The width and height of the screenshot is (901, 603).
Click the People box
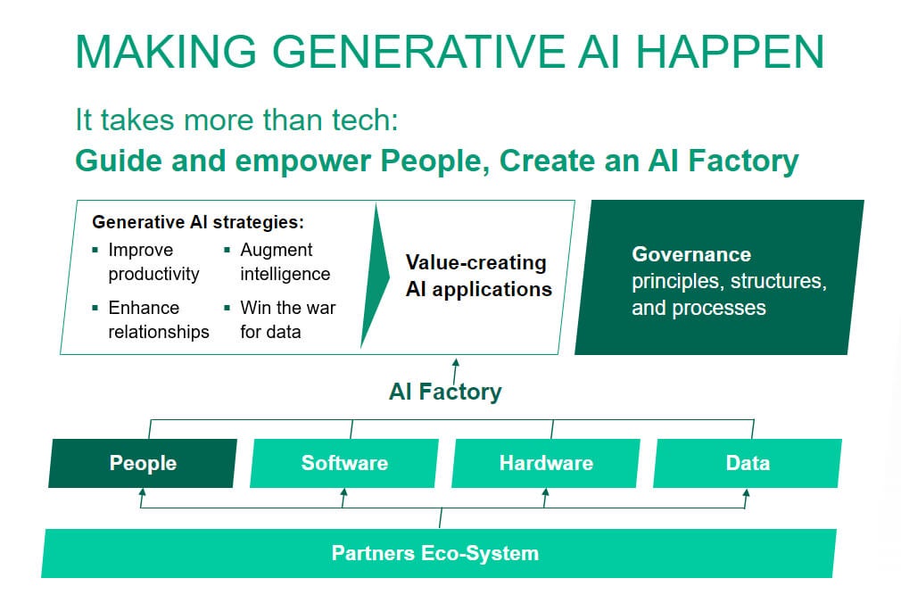[x=143, y=463]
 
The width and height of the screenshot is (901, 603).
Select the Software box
[x=344, y=463]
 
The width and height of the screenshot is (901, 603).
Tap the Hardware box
[x=546, y=463]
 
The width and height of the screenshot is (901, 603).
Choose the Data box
[x=748, y=463]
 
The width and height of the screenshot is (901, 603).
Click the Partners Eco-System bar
[x=436, y=553]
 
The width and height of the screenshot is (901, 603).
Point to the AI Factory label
[x=445, y=392]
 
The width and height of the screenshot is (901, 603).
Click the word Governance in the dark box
[x=691, y=254]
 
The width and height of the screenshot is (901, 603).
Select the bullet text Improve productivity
[x=153, y=261]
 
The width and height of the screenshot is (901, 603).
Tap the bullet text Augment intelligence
[x=284, y=261]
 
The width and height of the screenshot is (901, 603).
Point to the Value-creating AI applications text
[x=478, y=276]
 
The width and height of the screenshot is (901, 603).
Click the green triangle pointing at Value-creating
[x=375, y=276]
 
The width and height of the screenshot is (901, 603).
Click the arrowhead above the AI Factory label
[x=456, y=362]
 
